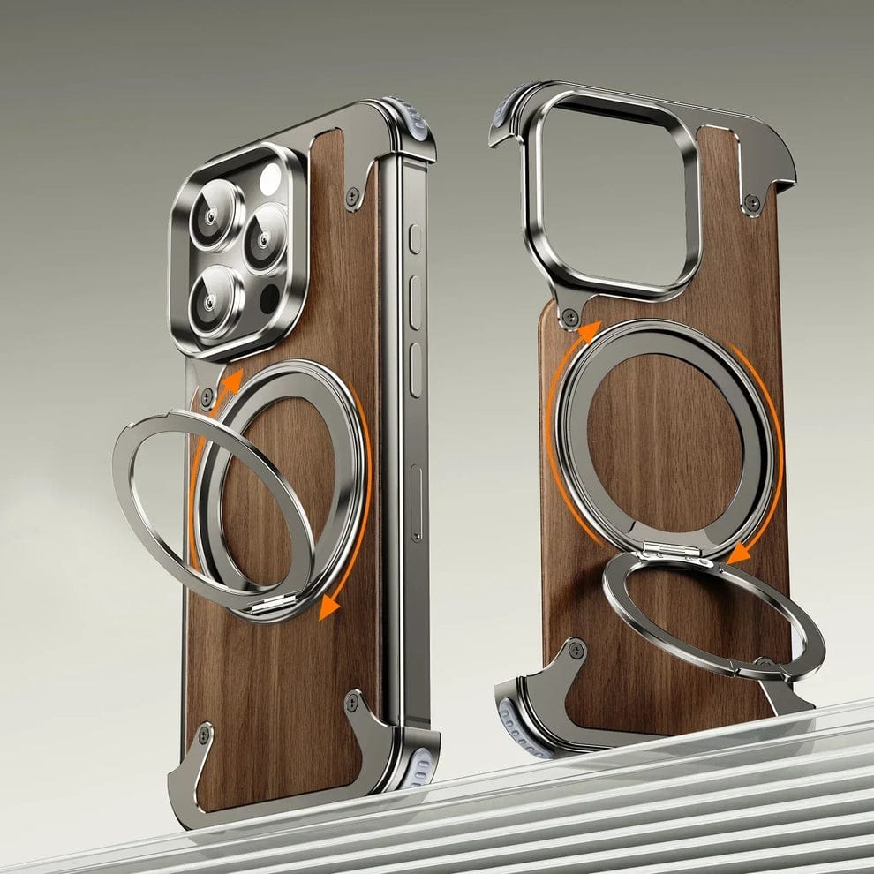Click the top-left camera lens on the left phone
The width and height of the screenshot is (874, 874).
[215, 215]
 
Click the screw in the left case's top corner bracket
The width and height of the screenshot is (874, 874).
[352, 196]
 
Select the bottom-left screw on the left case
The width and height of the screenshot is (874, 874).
[205, 734]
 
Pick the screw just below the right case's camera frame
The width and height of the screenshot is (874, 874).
[570, 314]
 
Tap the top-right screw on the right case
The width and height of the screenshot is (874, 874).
[752, 202]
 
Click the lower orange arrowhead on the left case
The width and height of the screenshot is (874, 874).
[330, 606]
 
